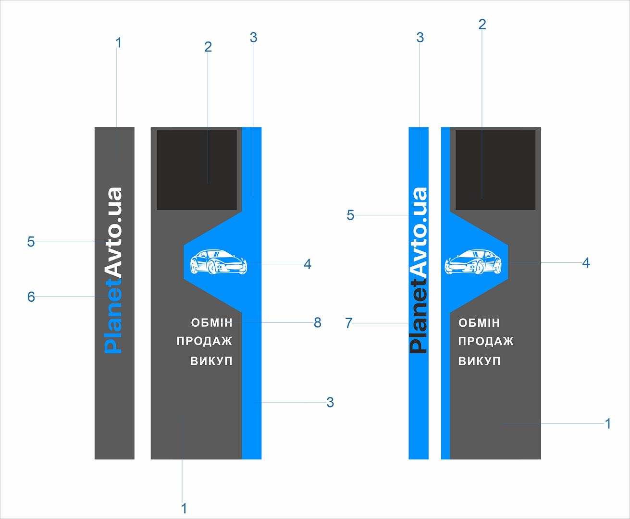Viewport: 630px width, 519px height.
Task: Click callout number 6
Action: [31, 297]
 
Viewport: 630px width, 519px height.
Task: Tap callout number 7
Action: [349, 323]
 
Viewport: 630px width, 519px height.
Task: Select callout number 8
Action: [318, 322]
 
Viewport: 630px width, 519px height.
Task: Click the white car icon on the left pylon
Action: [219, 261]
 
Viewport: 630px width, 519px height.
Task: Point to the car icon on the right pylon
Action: [473, 261]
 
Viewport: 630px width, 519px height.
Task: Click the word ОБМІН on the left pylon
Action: [212, 323]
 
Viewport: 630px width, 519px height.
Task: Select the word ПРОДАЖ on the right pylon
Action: [486, 341]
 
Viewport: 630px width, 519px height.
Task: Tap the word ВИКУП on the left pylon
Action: [211, 361]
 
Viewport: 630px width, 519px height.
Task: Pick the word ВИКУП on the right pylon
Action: [480, 361]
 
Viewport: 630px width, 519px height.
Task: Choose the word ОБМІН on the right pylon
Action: [479, 323]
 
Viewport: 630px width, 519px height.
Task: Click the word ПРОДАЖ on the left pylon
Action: [204, 341]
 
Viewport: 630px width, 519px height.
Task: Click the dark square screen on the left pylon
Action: [197, 170]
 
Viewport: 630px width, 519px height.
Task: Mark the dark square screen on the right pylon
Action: [495, 170]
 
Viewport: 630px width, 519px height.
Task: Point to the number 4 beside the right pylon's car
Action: [586, 263]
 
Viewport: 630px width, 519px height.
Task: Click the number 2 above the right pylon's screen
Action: [482, 25]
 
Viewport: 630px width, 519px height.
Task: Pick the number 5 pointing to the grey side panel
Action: [31, 242]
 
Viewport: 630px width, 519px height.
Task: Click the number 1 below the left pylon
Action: [184, 508]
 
